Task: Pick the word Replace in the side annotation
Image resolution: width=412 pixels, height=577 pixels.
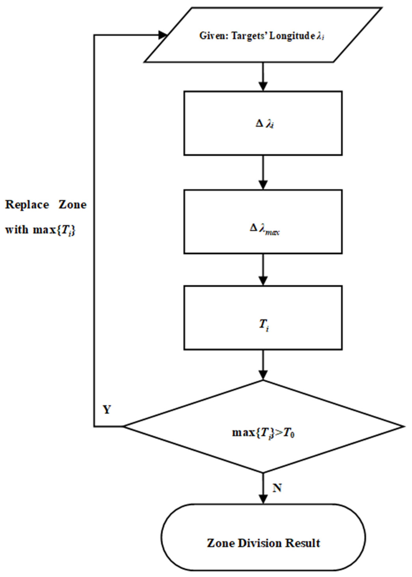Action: click(27, 205)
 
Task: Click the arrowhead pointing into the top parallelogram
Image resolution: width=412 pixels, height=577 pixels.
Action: click(162, 35)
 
